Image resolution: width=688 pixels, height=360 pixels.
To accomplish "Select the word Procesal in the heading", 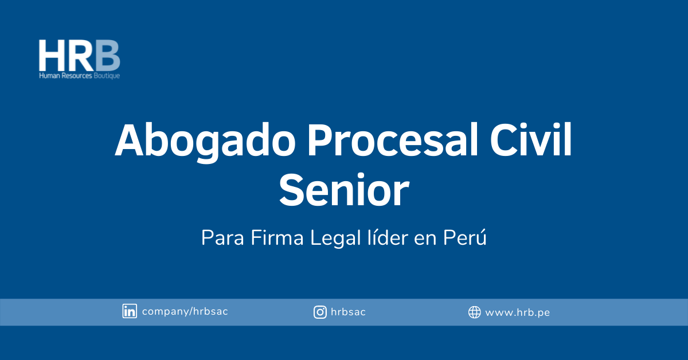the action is click(393, 140).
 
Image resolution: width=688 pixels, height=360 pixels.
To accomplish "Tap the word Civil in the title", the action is click(531, 140).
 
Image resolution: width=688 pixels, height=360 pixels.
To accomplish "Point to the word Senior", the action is click(344, 190).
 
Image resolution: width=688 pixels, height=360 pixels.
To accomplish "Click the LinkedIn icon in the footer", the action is click(130, 311).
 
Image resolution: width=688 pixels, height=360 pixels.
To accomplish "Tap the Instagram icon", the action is click(320, 312).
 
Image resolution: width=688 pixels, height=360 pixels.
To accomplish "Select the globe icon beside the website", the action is click(475, 312).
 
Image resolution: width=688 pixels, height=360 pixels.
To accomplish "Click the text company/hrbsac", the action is click(185, 311).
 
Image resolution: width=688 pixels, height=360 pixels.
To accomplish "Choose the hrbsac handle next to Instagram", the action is click(349, 312).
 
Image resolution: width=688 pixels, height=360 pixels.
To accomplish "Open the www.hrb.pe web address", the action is click(518, 313).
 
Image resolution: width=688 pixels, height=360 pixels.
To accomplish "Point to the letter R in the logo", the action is click(80, 56).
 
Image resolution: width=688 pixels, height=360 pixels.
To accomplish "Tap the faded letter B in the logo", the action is click(108, 56).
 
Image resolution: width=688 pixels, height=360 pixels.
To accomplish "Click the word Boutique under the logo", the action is click(107, 76).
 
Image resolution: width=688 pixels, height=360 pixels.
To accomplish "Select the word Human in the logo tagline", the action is click(49, 76).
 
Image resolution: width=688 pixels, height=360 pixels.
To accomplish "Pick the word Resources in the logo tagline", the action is click(77, 76).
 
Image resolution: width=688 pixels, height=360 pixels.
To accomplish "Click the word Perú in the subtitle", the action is click(465, 237).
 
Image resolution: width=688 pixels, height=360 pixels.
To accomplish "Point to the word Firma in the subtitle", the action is click(277, 237).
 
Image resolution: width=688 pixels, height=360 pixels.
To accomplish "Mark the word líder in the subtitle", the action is click(388, 237).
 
